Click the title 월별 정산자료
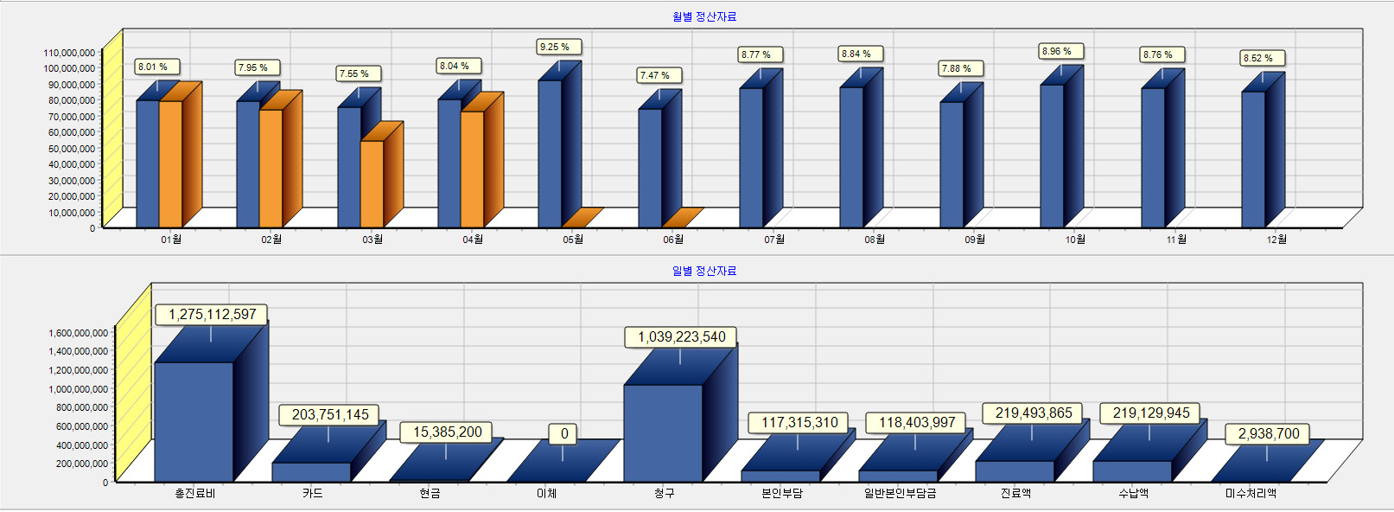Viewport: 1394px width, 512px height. [704, 16]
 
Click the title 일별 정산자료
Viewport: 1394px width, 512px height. [704, 271]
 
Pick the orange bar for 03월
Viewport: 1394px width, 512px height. [372, 183]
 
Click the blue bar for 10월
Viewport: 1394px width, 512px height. [1052, 156]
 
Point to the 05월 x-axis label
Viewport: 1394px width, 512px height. [572, 240]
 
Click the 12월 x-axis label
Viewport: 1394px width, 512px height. [1276, 240]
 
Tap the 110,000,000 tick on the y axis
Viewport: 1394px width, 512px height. [69, 53]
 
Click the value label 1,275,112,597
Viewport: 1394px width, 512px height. [212, 315]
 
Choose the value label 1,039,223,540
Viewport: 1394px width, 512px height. [681, 337]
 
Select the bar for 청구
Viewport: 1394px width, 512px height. [663, 432]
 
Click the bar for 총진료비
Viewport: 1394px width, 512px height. [194, 421]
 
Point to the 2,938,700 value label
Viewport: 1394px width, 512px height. [1268, 434]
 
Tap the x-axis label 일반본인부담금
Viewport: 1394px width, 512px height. [900, 494]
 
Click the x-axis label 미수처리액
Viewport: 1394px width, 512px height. [1251, 494]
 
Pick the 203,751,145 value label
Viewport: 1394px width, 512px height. [329, 415]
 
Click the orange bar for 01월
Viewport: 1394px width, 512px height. [170, 163]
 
